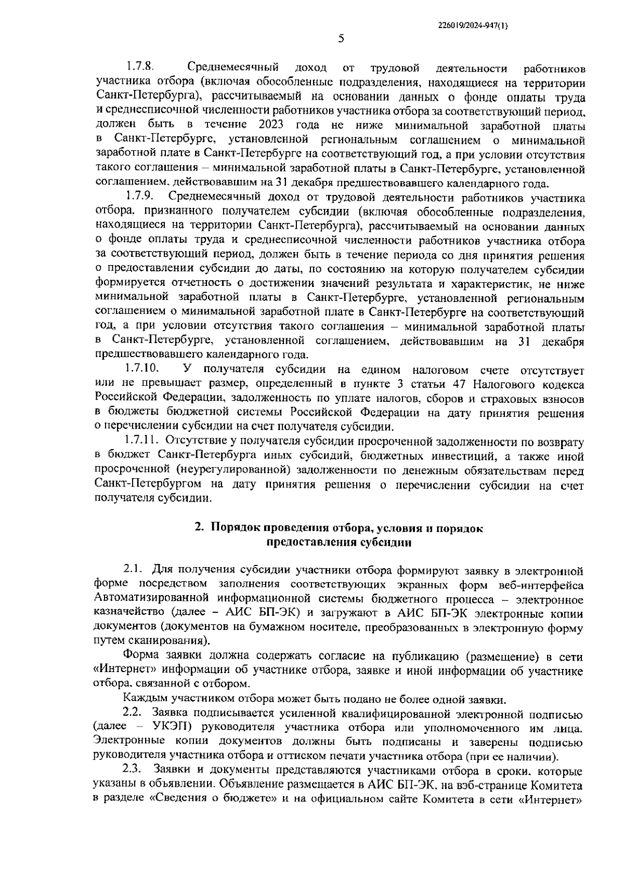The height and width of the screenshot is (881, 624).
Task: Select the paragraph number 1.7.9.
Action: [139, 198]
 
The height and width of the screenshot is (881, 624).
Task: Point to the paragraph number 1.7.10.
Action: [141, 370]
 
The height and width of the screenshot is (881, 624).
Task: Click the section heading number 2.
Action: [199, 528]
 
